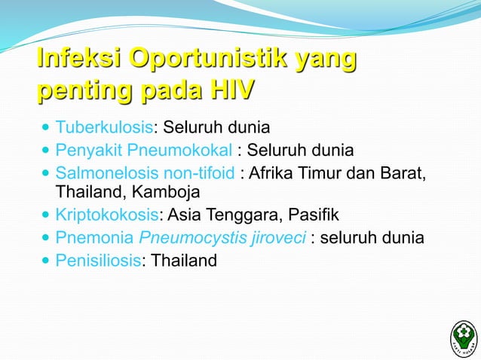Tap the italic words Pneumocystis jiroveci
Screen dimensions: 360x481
pos(222,239)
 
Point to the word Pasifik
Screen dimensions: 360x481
pos(314,218)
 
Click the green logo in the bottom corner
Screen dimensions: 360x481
pos(462,336)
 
